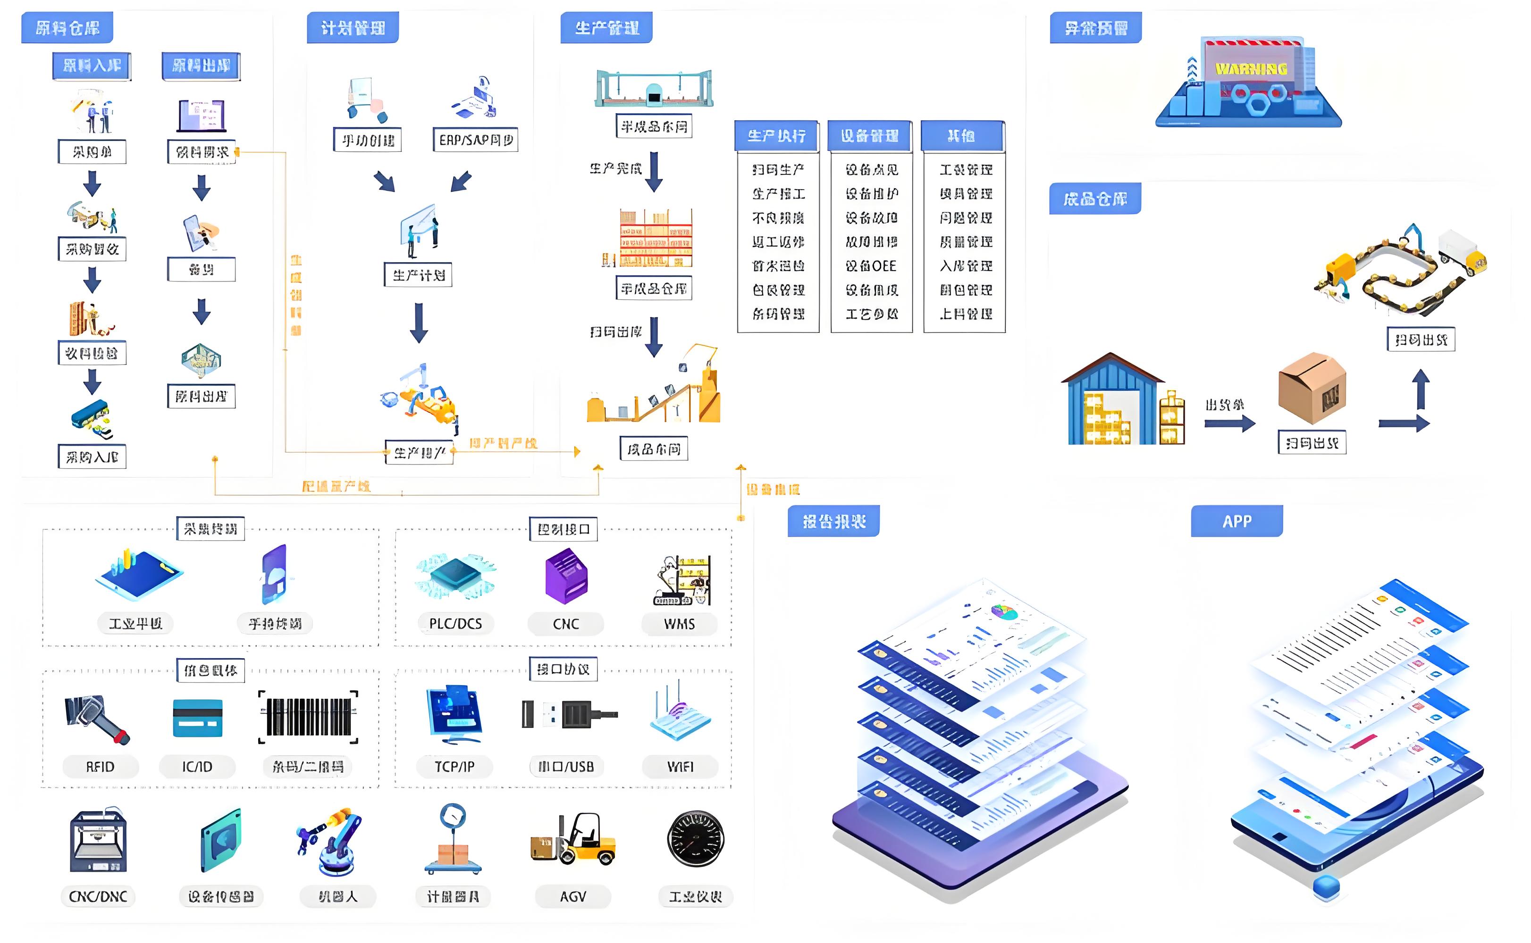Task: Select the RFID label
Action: click(x=100, y=767)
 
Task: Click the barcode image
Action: click(x=308, y=717)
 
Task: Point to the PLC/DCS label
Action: click(x=455, y=624)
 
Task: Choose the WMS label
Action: click(x=679, y=624)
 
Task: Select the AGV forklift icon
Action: click(x=573, y=840)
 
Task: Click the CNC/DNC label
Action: click(x=98, y=897)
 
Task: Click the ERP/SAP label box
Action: click(x=476, y=140)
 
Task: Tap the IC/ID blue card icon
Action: click(x=197, y=718)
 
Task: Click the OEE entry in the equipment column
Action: click(x=871, y=266)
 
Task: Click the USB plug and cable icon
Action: click(x=569, y=715)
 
